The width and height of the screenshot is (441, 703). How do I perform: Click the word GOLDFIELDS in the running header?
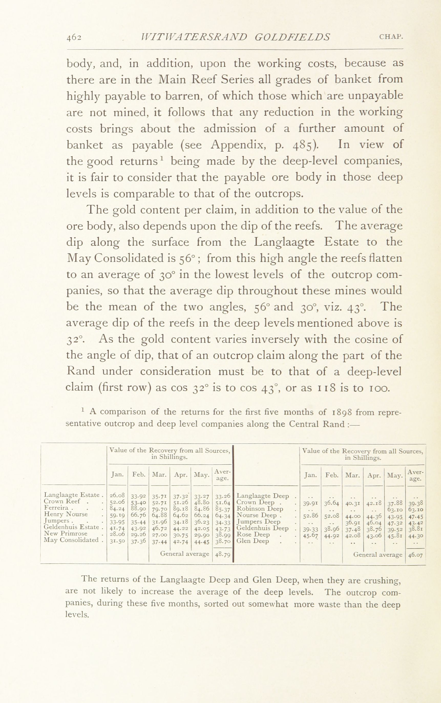(x=292, y=37)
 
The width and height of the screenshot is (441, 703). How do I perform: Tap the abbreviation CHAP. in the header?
(x=391, y=37)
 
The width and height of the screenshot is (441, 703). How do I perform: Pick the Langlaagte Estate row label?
(x=72, y=495)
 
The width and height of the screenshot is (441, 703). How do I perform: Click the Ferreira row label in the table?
(x=56, y=508)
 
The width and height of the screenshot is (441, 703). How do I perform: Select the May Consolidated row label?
(x=71, y=539)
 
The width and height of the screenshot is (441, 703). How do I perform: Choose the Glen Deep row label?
(x=253, y=541)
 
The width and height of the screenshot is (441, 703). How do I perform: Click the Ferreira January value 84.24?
(x=117, y=508)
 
